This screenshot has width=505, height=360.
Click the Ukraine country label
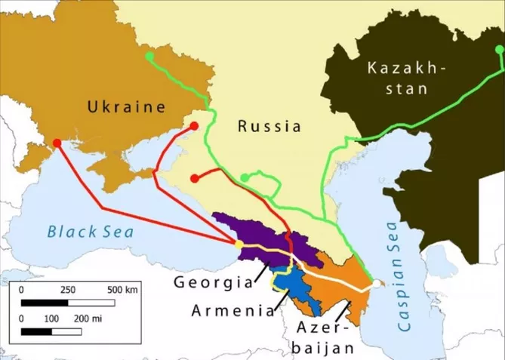coord(126,107)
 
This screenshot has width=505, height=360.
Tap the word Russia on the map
coord(269,126)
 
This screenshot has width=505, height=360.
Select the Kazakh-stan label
coord(407,78)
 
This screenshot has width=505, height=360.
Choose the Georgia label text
coord(212,282)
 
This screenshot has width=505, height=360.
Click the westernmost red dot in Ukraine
coord(57,143)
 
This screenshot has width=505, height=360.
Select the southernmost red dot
coord(195,179)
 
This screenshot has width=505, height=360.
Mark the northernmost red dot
coord(194,126)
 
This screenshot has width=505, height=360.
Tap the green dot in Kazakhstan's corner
coord(497,50)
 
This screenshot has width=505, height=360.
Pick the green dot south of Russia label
coord(245,177)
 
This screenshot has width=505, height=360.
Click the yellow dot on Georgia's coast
coord(239,245)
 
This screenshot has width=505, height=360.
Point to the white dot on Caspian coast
coord(375,284)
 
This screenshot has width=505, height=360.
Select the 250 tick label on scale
coord(68,290)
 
